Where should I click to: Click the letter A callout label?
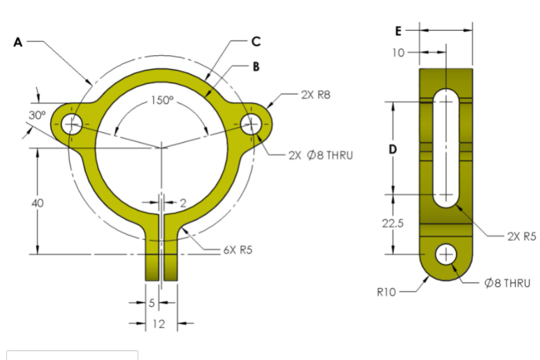click(x=18, y=42)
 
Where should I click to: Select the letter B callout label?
click(x=256, y=67)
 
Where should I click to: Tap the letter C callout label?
click(x=256, y=41)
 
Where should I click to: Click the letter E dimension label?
click(x=398, y=31)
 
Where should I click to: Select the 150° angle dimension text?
click(x=162, y=100)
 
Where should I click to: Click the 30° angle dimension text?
click(x=37, y=114)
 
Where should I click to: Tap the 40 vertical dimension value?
click(x=38, y=203)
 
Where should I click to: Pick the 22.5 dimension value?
click(x=392, y=223)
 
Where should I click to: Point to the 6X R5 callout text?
click(x=238, y=250)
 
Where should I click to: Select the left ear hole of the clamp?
click(x=71, y=124)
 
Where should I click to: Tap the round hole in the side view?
click(x=446, y=254)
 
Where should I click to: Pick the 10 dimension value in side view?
click(x=398, y=52)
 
